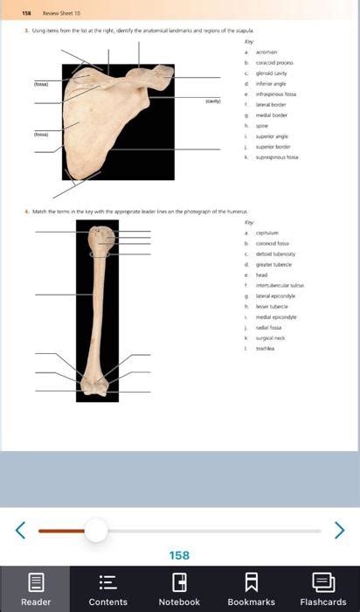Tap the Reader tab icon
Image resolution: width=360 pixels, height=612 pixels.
(x=36, y=582)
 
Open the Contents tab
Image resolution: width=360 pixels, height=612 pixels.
(x=108, y=582)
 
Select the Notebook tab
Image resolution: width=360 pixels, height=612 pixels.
(x=180, y=582)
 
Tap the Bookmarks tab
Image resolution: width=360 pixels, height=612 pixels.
(x=252, y=582)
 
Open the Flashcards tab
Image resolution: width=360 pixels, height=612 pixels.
(x=323, y=582)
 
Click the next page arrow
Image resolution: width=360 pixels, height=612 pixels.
(x=339, y=530)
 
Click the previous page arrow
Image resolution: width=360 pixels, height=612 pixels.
(x=21, y=530)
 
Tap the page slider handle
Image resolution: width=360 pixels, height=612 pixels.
(x=96, y=530)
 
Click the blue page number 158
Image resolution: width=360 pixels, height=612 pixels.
(x=179, y=555)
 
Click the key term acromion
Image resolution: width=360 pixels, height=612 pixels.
(x=267, y=52)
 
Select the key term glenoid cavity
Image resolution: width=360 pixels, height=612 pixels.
(x=272, y=73)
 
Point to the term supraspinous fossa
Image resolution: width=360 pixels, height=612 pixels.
(x=277, y=156)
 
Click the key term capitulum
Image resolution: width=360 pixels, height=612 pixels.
(x=267, y=233)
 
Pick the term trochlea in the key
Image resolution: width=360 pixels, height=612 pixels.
(x=266, y=348)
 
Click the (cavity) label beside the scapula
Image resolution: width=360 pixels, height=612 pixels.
(x=213, y=101)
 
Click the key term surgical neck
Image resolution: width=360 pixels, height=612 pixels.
(x=270, y=337)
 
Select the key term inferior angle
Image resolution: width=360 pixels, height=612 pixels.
(x=270, y=83)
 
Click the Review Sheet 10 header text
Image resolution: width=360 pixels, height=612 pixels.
(x=64, y=13)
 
